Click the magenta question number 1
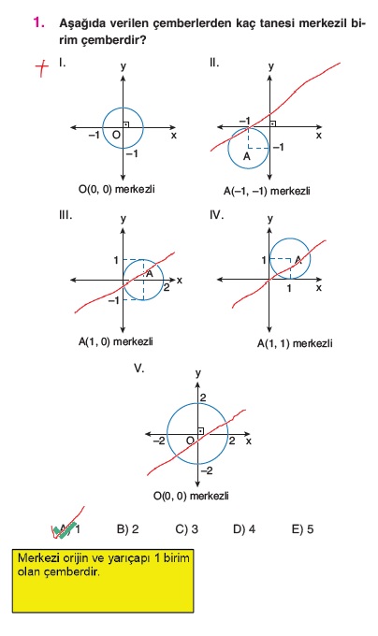point(39,22)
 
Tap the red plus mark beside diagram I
point(42,67)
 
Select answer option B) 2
point(128,529)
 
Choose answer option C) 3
point(186,529)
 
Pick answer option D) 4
point(244,529)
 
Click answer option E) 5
point(302,529)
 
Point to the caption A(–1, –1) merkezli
point(267,191)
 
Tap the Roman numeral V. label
point(139,369)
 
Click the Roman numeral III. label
point(65,215)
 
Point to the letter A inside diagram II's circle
point(247,156)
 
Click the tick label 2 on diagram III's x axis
point(167,288)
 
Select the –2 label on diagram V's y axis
point(207,470)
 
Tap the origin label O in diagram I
point(116,135)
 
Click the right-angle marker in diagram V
point(200,431)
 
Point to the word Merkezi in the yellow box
point(39,558)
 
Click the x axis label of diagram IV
point(319,287)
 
